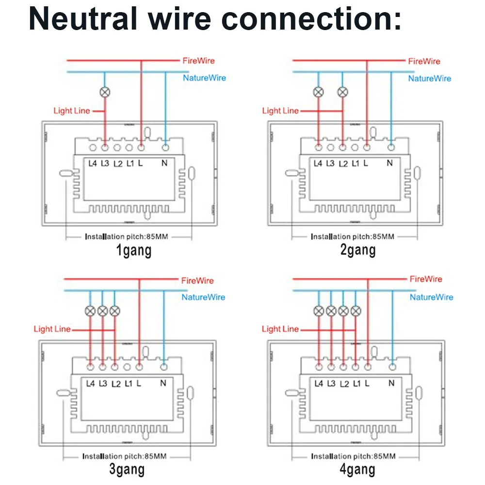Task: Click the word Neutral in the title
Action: [x=82, y=18]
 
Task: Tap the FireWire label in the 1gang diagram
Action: [x=198, y=61]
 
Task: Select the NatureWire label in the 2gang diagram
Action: [x=429, y=79]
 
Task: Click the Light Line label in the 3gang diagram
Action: [x=52, y=329]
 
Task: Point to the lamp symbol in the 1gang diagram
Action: [x=105, y=92]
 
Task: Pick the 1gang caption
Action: [x=134, y=250]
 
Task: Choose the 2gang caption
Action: [x=358, y=250]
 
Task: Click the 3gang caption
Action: [x=127, y=469]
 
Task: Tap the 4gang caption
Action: [x=357, y=469]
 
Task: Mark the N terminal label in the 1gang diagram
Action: [x=164, y=162]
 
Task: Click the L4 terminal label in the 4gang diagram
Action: [x=319, y=384]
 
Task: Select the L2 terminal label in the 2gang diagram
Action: [x=343, y=163]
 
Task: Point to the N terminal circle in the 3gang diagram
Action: [x=163, y=367]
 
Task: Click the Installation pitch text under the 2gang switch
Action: [x=352, y=237]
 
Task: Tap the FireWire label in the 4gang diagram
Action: [x=426, y=279]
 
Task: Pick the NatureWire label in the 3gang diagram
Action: [x=203, y=297]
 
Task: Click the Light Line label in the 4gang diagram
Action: [x=280, y=329]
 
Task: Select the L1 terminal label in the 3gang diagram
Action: [x=129, y=384]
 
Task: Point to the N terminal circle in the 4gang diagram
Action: [x=392, y=367]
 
